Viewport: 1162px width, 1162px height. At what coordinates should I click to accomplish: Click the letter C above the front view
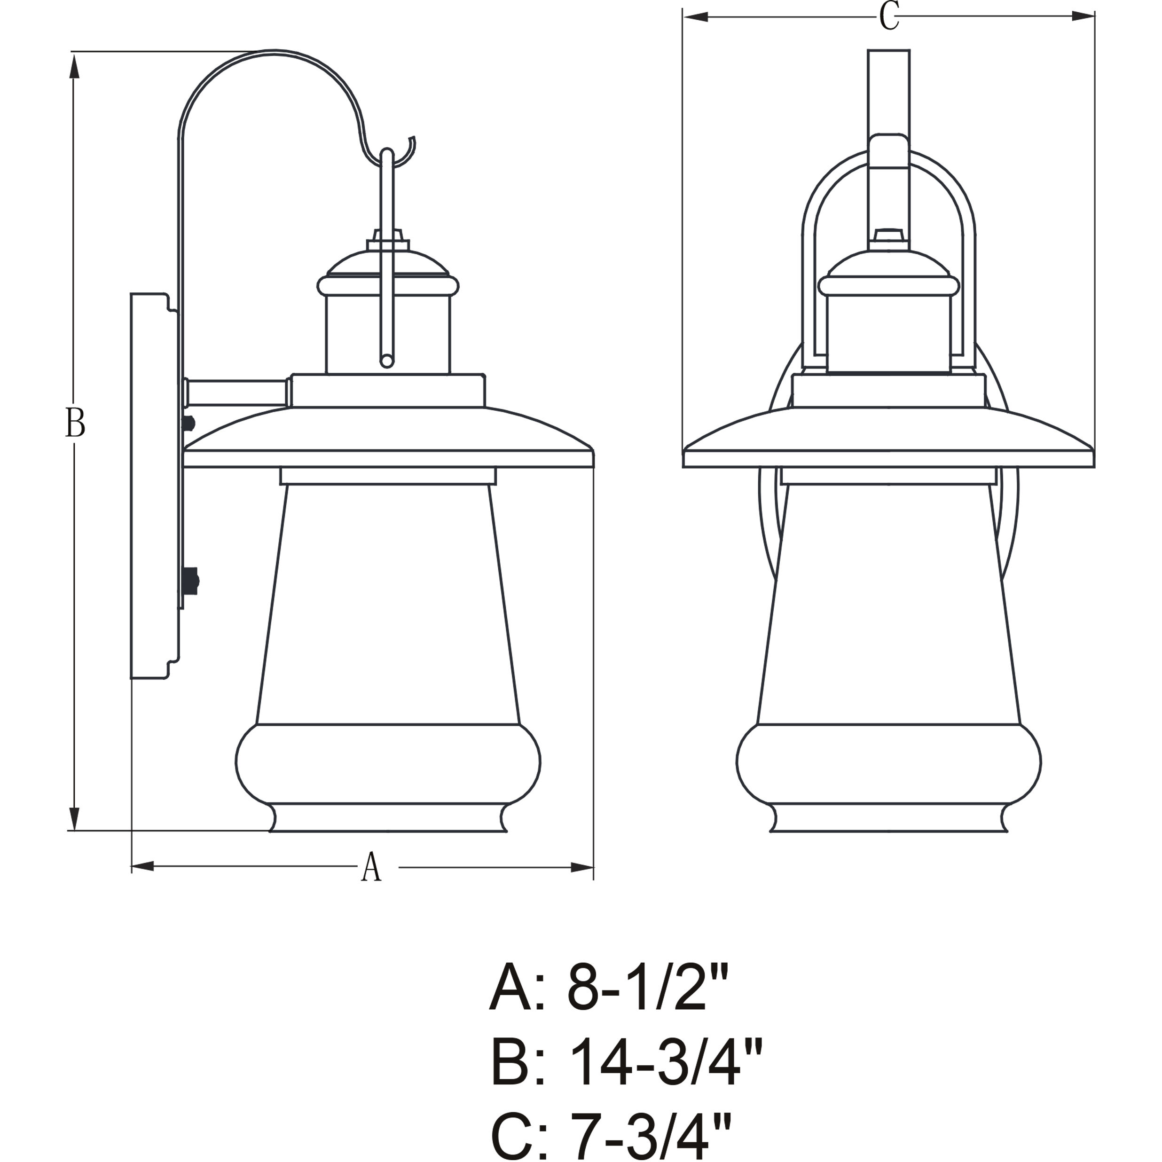pyautogui.click(x=889, y=17)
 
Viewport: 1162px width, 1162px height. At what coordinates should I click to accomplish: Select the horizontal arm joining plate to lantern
pyautogui.click(x=237, y=392)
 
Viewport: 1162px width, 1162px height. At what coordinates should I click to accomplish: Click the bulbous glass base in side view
pyautogui.click(x=388, y=762)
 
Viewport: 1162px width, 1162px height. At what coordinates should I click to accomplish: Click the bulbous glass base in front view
pyautogui.click(x=889, y=762)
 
